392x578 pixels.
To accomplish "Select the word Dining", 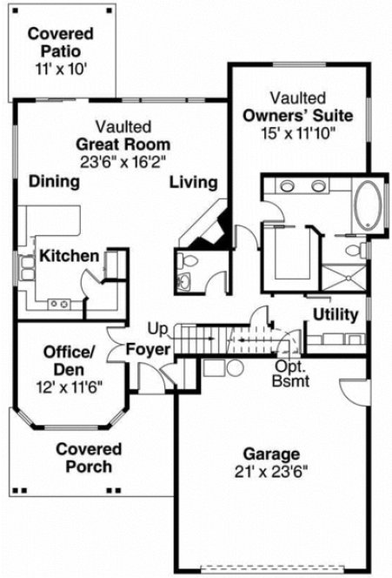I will [x=55, y=182].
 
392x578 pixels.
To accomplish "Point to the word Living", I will [x=193, y=182].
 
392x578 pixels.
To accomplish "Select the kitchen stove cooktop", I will [x=60, y=303].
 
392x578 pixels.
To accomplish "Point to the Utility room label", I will [x=336, y=313].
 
